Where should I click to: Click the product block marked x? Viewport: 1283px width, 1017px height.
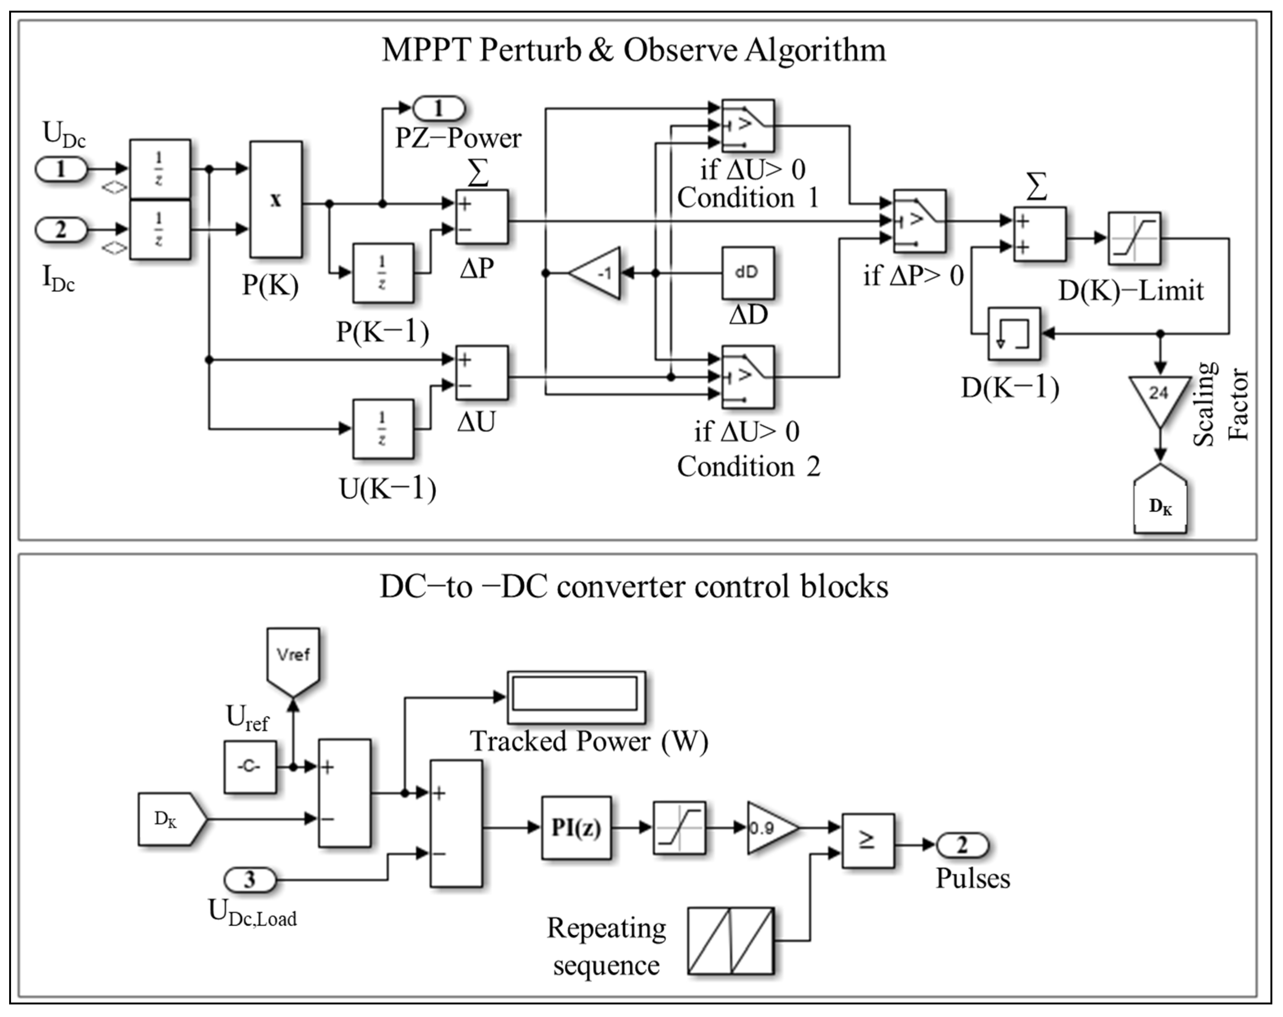point(275,199)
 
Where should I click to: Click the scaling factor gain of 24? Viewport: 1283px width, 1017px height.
point(1159,399)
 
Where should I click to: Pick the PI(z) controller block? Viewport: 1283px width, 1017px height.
point(576,828)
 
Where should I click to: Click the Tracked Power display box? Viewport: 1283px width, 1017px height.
point(576,697)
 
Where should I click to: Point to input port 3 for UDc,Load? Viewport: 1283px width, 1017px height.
point(250,879)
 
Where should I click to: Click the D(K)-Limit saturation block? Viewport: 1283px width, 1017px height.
point(1134,238)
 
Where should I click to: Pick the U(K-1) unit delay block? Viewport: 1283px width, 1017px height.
point(382,429)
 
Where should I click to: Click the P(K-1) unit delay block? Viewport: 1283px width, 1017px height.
point(382,273)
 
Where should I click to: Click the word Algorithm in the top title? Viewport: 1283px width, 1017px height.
point(815,50)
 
